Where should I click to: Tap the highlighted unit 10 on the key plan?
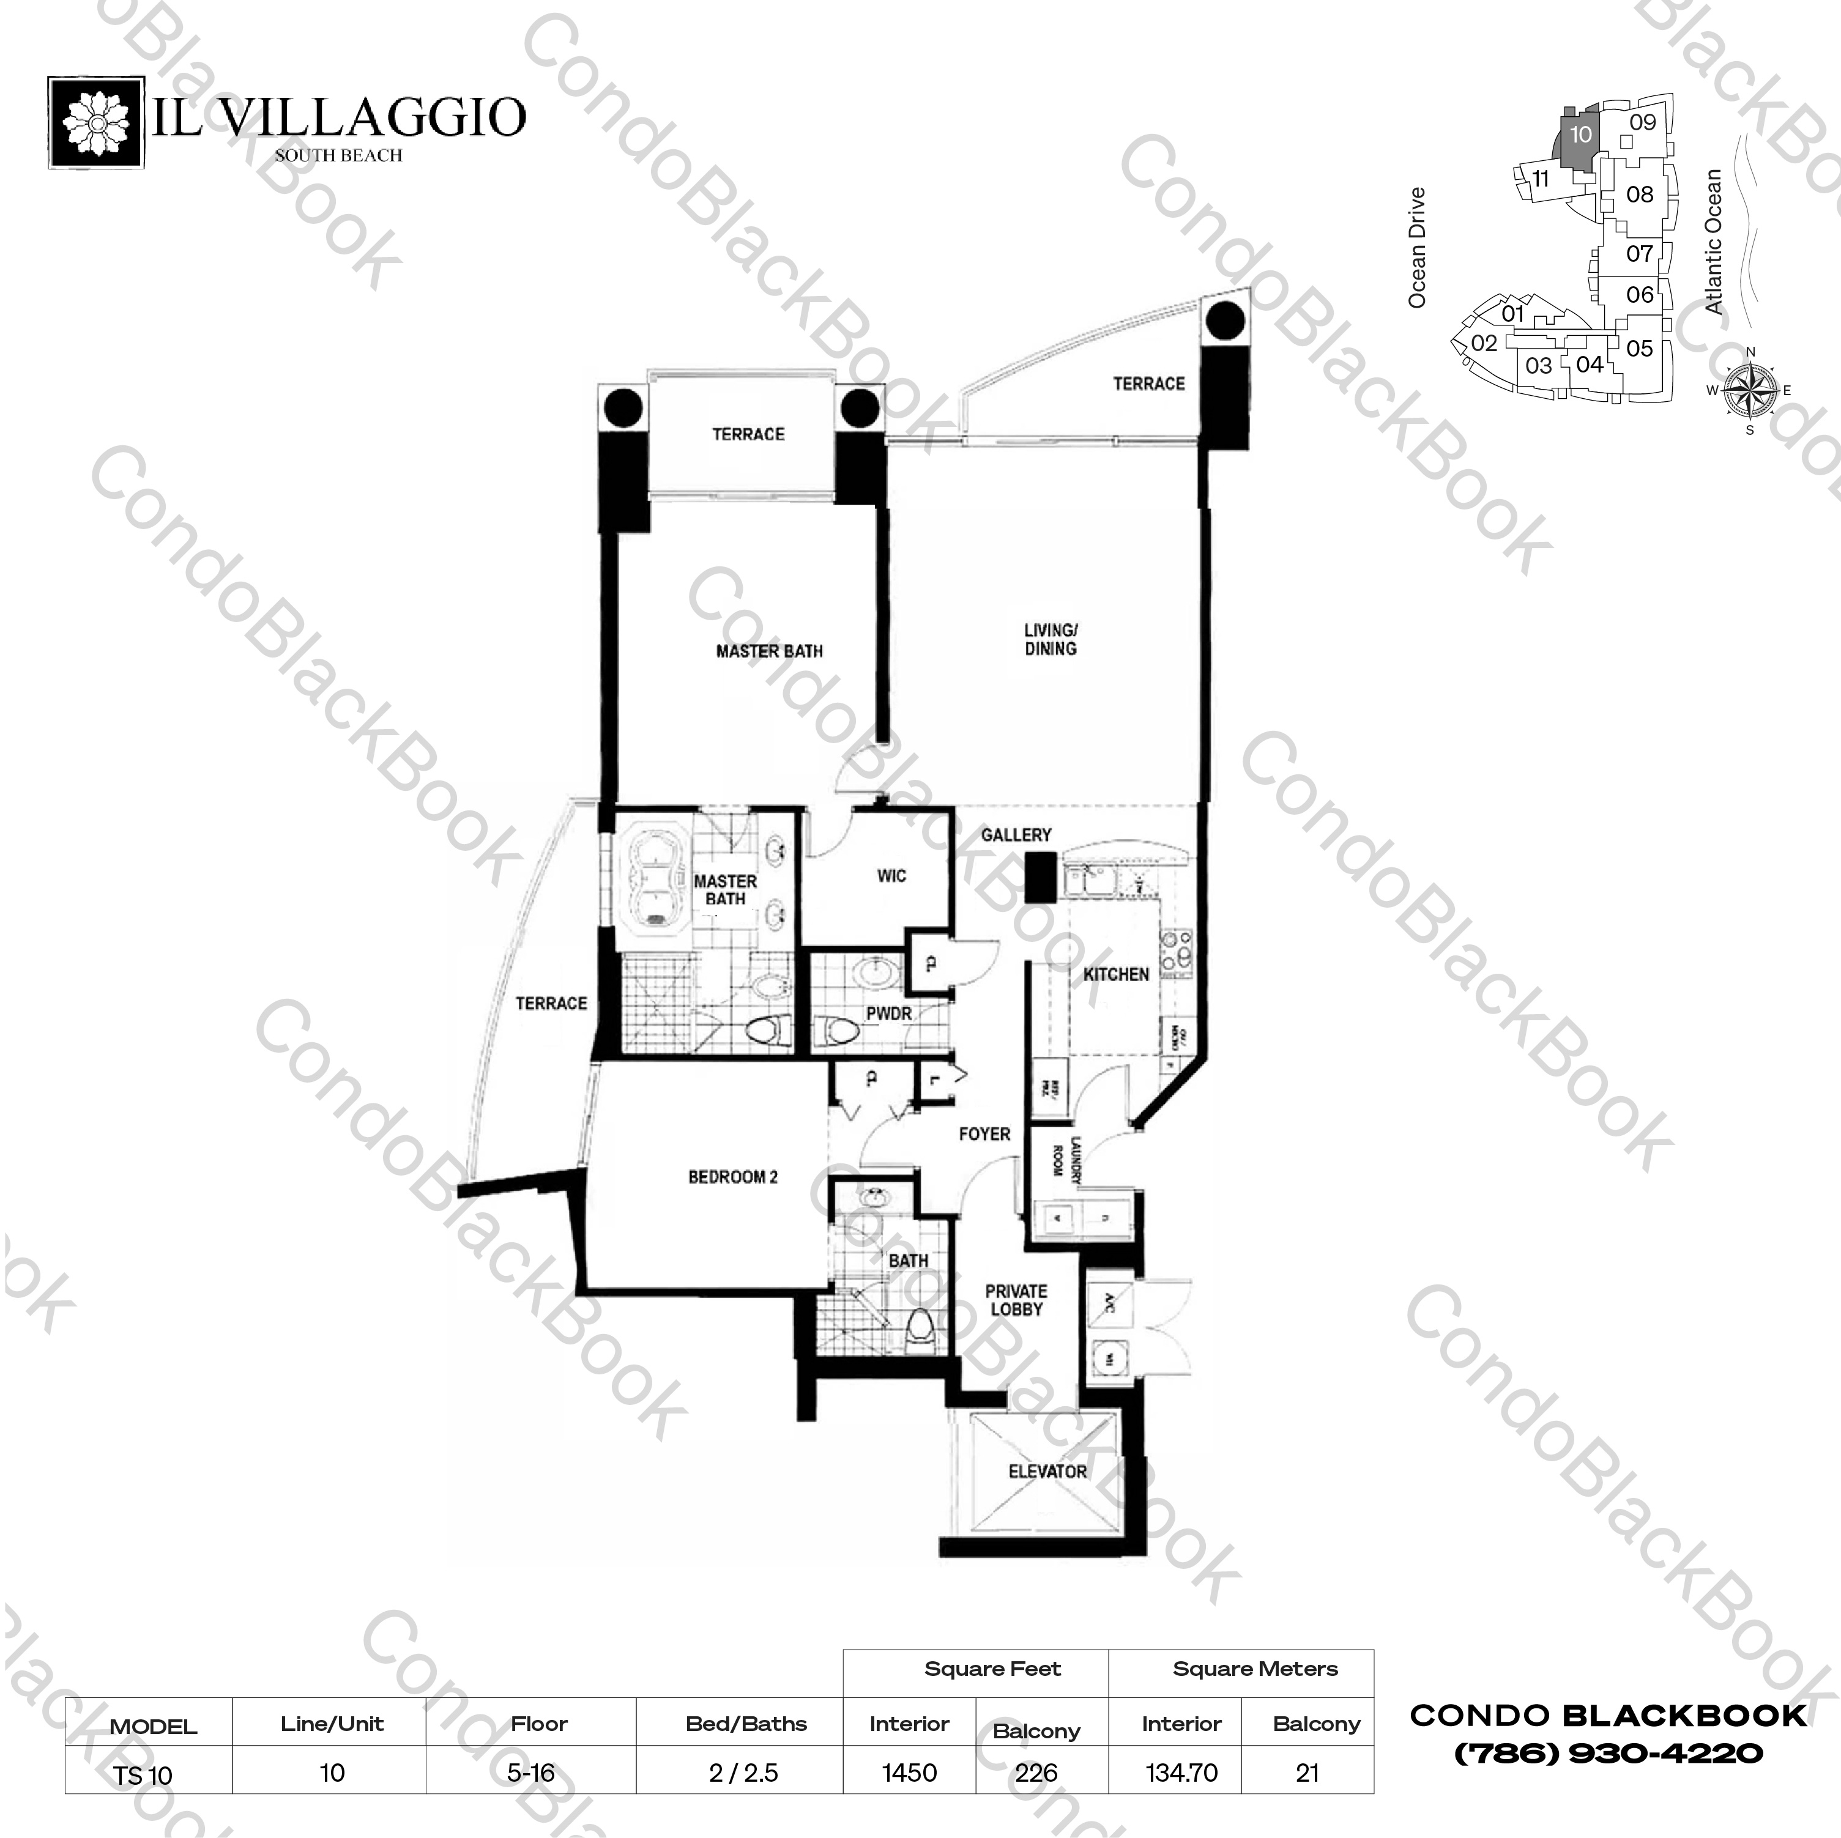coord(1579,135)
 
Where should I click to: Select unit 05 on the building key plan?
coord(1639,349)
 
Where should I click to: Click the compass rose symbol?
coord(1749,391)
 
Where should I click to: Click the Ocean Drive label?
coord(1417,246)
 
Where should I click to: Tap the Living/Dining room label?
coord(1050,639)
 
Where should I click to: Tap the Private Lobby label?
coord(1016,1300)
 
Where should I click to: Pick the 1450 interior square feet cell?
coord(909,1773)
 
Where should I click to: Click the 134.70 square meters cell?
coord(1181,1773)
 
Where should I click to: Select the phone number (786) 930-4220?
coord(1607,1752)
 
